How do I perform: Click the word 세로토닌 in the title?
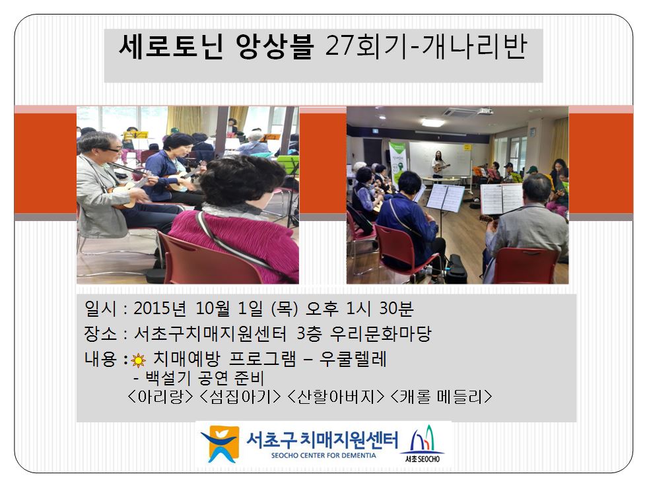(171, 46)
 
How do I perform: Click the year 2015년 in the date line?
(160, 308)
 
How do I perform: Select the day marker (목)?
(285, 308)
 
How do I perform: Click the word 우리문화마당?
(380, 333)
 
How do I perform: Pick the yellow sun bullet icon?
(138, 360)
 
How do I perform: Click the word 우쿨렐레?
(353, 359)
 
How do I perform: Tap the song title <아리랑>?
(160, 397)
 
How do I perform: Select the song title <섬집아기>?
(240, 397)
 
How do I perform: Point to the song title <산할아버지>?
(335, 397)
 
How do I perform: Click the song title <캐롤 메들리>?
(441, 397)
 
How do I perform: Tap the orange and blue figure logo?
(220, 444)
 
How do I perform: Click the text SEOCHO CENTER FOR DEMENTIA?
(323, 456)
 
